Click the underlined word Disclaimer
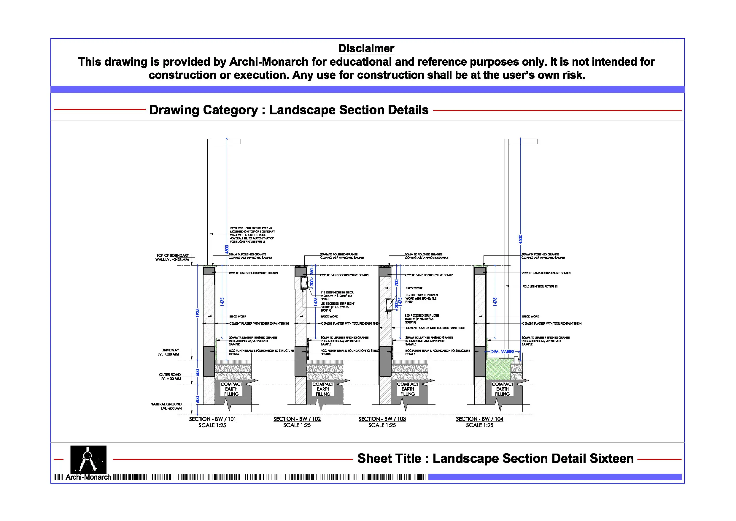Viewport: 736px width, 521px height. click(x=366, y=48)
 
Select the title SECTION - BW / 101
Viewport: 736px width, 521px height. click(x=212, y=419)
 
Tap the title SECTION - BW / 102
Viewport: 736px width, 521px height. click(x=297, y=419)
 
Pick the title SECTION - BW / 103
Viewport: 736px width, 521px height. click(x=382, y=419)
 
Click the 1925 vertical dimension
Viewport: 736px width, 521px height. click(x=198, y=313)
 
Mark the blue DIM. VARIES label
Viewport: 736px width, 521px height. click(x=502, y=351)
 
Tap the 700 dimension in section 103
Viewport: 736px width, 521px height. click(x=397, y=283)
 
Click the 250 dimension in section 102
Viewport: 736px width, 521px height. click(x=312, y=271)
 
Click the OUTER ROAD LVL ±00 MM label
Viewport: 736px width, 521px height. click(x=170, y=377)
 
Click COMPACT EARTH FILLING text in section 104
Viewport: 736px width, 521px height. click(x=502, y=389)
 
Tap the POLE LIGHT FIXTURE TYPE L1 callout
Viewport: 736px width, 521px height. click(x=540, y=286)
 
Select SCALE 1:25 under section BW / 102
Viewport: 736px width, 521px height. click(x=297, y=425)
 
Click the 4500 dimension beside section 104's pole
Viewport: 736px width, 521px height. click(x=521, y=239)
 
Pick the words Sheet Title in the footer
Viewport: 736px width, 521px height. click(x=389, y=458)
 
